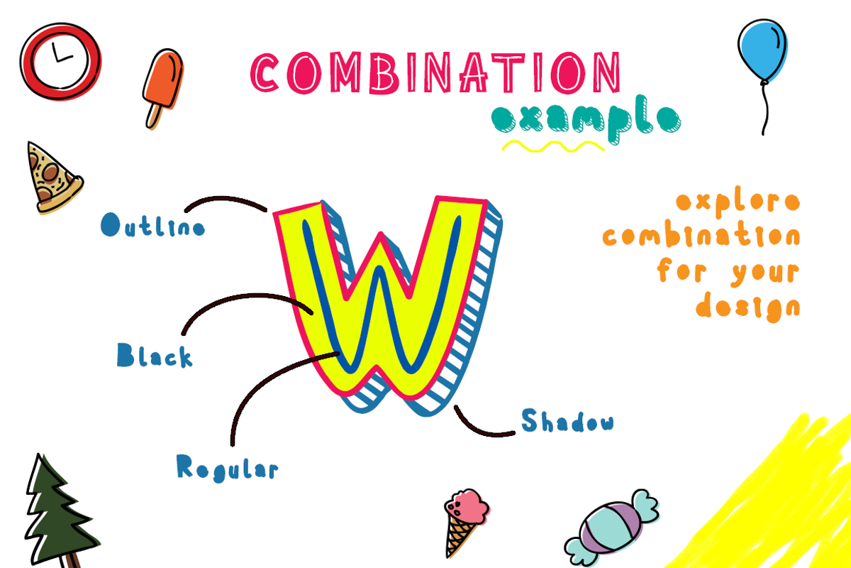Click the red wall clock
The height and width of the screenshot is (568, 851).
pos(60,61)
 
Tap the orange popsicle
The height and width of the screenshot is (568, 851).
pos(162,89)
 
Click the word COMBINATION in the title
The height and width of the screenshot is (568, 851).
pos(435,72)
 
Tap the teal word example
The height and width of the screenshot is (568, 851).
pos(586,119)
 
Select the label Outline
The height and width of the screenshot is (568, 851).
pos(152,225)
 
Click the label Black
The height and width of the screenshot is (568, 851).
pos(155,355)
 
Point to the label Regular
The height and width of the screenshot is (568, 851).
pos(227,469)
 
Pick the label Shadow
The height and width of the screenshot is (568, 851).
pos(567,421)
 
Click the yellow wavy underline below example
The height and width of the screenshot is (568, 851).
pos(553,146)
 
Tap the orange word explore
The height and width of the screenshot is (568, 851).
pos(738,202)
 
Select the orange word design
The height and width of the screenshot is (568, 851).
pos(748,307)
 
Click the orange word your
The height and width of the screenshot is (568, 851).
pos(765,273)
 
